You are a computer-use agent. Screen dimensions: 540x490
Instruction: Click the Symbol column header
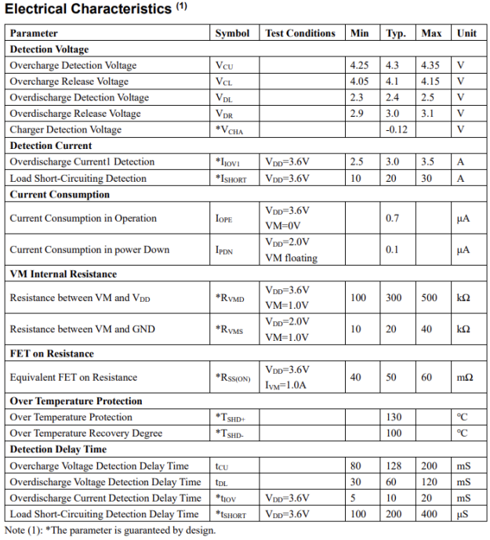(232, 34)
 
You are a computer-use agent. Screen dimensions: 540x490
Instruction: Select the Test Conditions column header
(299, 34)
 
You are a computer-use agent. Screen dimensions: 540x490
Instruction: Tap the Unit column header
(466, 34)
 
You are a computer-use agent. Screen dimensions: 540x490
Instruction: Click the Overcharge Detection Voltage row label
(73, 66)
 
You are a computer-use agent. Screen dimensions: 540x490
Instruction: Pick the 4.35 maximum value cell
(431, 66)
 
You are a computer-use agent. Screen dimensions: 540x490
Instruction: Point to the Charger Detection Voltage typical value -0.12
(397, 129)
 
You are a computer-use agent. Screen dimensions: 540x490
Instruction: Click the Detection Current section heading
(51, 146)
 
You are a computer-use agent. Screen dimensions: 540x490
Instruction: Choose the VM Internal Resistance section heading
(63, 274)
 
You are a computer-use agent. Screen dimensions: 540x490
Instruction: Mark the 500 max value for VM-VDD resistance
(431, 298)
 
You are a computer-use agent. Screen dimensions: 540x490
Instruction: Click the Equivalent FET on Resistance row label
(73, 377)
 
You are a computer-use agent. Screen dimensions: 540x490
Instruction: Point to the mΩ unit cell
(465, 377)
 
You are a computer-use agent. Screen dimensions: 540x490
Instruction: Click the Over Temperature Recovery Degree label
(86, 433)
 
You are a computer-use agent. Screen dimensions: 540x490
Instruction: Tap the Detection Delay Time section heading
(58, 450)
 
